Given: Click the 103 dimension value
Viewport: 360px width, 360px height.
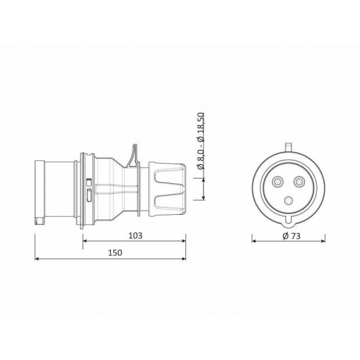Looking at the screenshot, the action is [x=135, y=236].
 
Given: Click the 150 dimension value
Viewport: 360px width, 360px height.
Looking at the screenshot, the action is [x=115, y=253].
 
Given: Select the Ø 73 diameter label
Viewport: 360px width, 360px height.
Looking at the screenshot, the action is [x=291, y=236].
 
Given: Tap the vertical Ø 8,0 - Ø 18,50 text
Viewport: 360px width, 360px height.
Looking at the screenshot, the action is [x=201, y=141].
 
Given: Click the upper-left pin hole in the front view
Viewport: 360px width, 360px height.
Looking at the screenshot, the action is [x=278, y=182].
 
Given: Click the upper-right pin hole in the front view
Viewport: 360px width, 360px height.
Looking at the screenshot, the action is [x=299, y=182].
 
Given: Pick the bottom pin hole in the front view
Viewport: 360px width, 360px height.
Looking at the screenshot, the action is [x=289, y=201].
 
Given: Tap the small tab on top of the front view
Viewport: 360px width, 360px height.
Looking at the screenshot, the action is [x=289, y=147].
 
